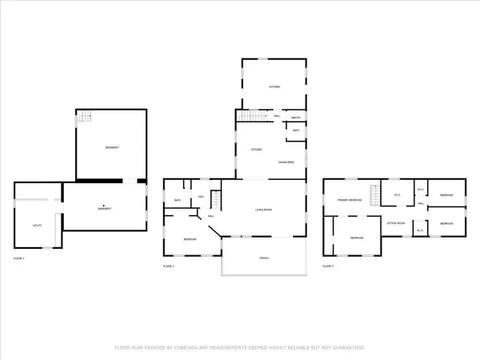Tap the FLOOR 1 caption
[x=19, y=259]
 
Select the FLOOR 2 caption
[x=169, y=265]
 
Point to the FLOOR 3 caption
[x=329, y=265]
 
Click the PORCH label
[x=264, y=258]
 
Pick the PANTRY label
[x=295, y=117]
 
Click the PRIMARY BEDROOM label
[x=350, y=199]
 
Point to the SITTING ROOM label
[x=395, y=223]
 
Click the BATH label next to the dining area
[x=296, y=130]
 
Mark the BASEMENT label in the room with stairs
[x=111, y=149]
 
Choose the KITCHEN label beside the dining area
[x=257, y=150]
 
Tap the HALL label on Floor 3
[x=420, y=203]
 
